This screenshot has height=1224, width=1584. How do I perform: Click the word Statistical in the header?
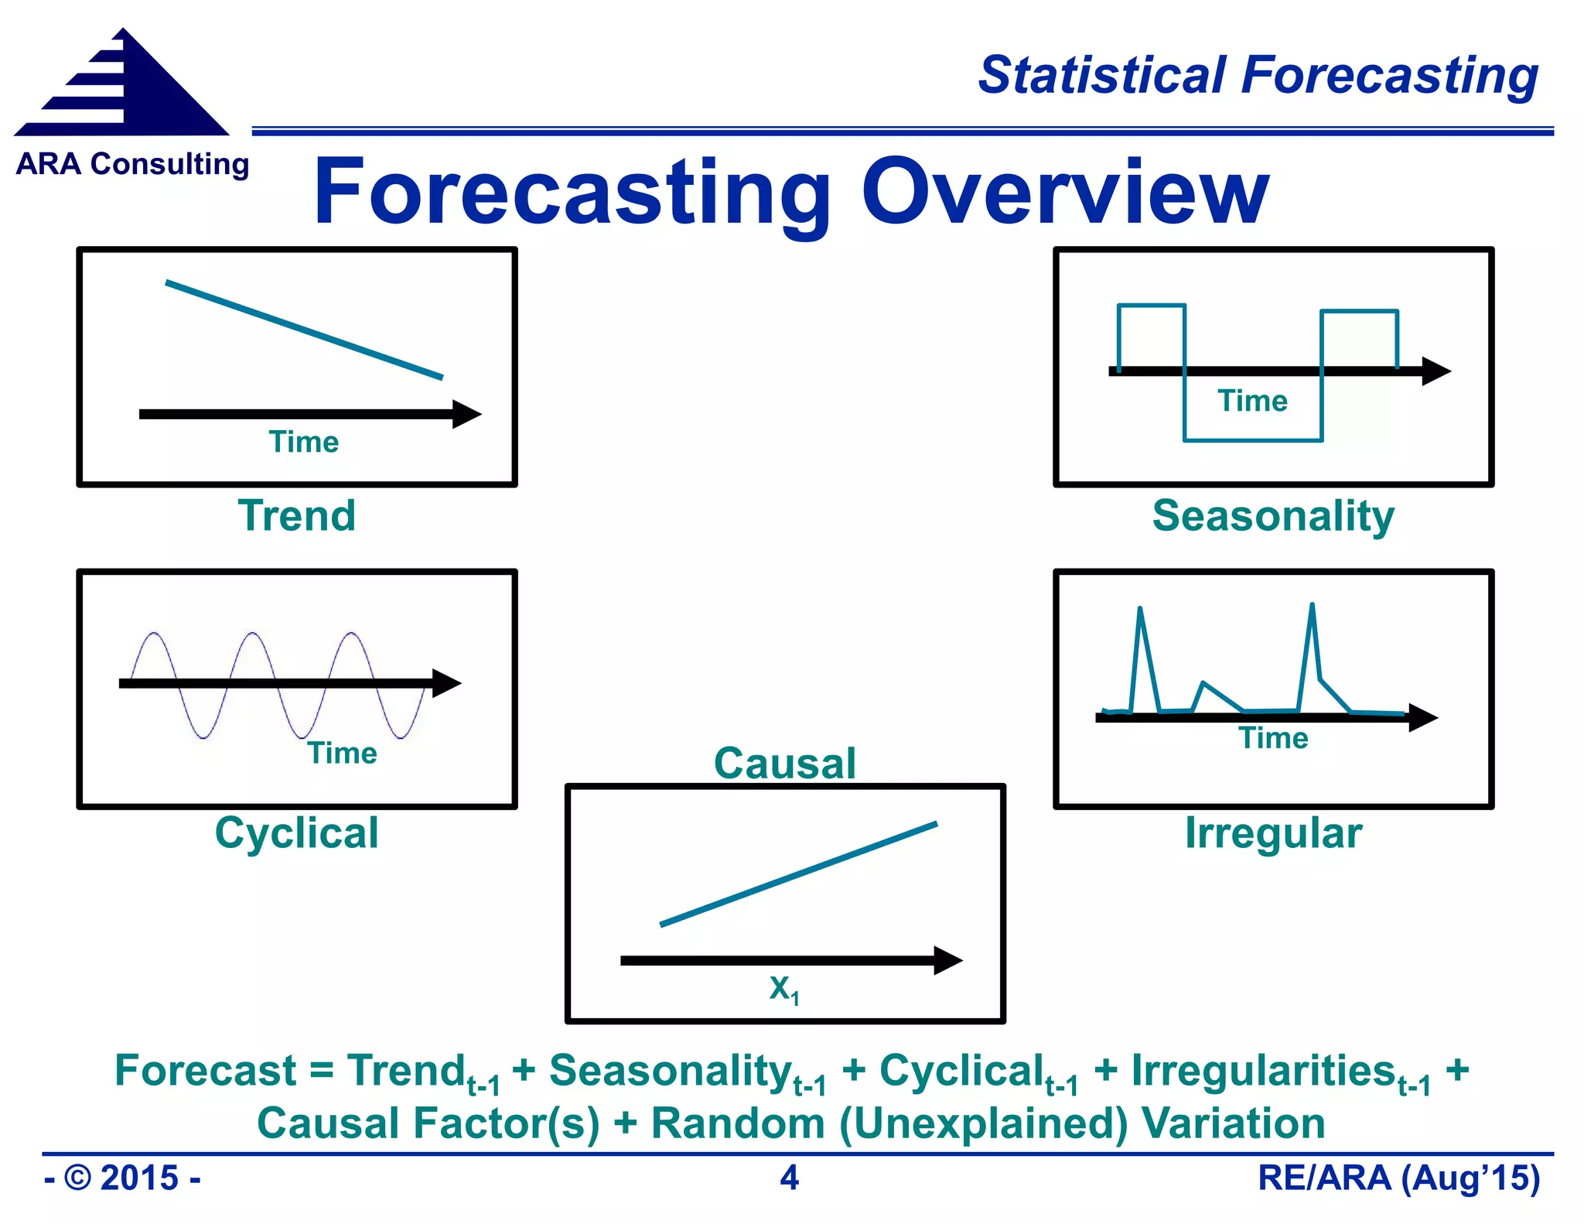[1102, 76]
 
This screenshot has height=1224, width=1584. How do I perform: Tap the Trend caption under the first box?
[297, 516]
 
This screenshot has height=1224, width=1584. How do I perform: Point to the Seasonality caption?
[1273, 516]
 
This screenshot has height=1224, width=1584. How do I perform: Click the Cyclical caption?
[297, 833]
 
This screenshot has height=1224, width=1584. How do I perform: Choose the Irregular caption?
[1273, 833]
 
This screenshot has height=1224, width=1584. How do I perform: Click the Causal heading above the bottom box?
[784, 763]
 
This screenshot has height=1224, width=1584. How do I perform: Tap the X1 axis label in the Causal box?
[783, 989]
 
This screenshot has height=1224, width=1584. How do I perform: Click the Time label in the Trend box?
[303, 442]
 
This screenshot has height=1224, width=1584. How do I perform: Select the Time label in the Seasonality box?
[1252, 401]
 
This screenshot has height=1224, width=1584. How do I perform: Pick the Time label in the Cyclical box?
[342, 753]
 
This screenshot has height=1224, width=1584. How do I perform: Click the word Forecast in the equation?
[205, 1071]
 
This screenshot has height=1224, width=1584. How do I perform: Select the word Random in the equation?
[738, 1123]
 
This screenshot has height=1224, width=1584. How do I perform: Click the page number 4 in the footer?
[789, 1178]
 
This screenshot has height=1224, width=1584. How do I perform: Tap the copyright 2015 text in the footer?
[122, 1178]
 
